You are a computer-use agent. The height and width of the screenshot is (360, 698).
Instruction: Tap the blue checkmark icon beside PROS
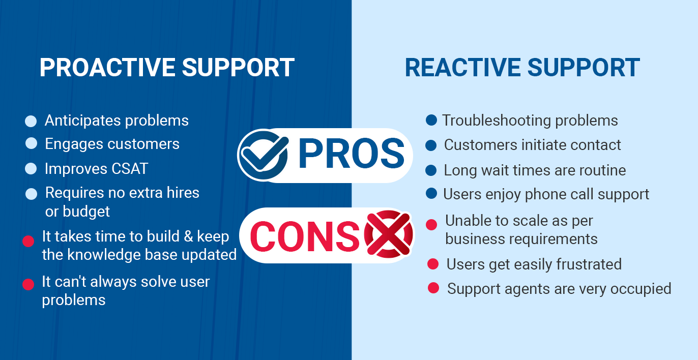(264, 155)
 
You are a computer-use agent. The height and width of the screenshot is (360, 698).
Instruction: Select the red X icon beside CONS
(389, 234)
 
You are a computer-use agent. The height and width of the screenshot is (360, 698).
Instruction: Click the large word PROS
(351, 154)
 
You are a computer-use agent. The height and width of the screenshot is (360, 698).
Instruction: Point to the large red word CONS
(305, 236)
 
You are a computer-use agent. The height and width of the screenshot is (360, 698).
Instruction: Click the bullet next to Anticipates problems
(31, 121)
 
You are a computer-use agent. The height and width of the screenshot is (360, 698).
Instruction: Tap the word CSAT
(130, 169)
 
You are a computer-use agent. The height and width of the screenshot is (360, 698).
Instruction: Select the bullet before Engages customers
(31, 143)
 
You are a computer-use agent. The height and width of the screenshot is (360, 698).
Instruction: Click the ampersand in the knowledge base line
(188, 236)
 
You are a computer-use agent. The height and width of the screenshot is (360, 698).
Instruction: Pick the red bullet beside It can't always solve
(28, 284)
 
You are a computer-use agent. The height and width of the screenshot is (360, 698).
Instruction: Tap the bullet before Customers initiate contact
(431, 145)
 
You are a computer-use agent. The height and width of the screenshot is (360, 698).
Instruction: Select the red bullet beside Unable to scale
(431, 225)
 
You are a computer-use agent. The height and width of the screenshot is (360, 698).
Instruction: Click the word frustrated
(589, 264)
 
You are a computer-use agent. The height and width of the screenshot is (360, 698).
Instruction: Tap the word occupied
(641, 289)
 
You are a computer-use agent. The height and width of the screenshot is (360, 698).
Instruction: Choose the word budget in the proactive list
(86, 212)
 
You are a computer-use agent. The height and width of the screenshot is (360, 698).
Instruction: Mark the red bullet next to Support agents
(433, 288)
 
